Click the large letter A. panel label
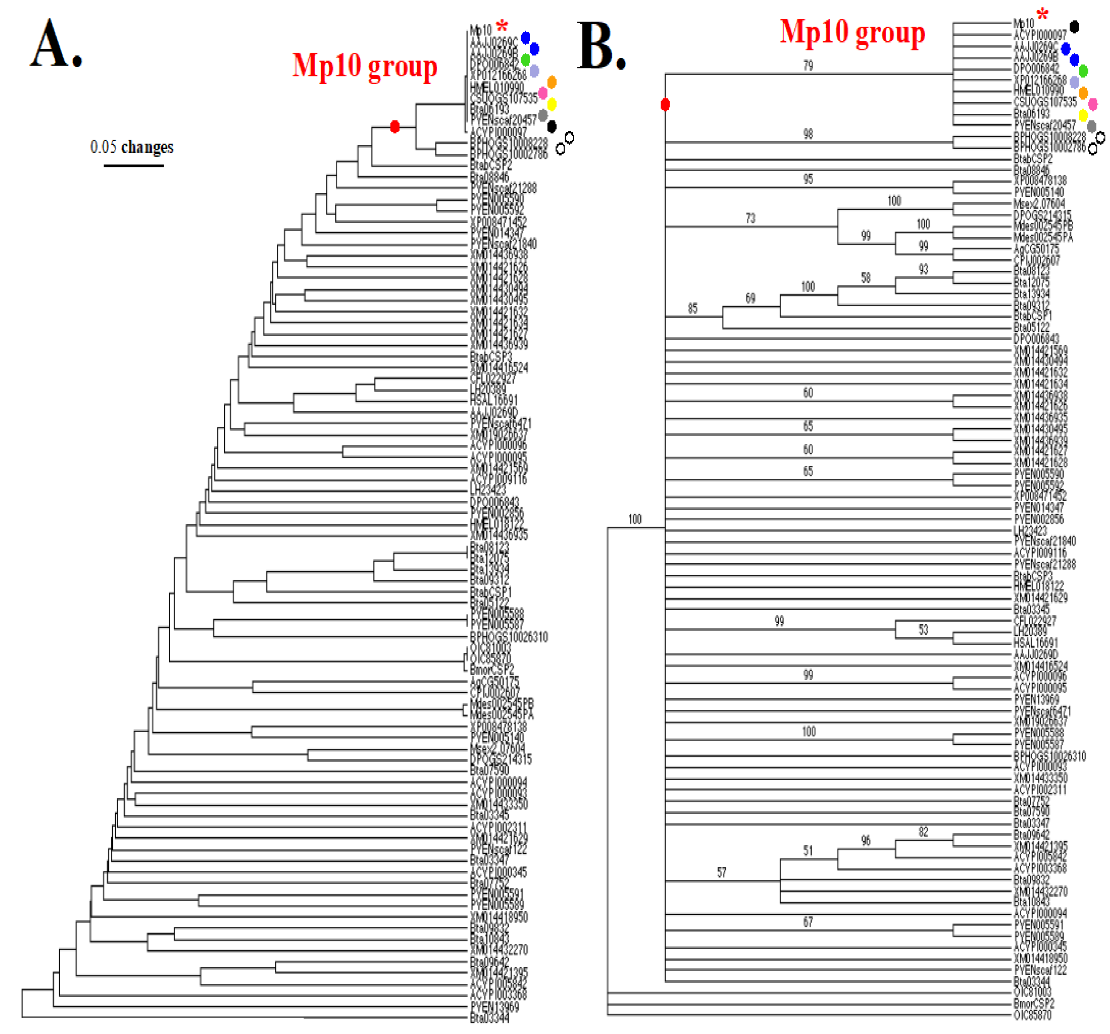pyautogui.click(x=56, y=44)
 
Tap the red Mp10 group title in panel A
pyautogui.click(x=365, y=66)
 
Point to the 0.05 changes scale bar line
pyautogui.click(x=134, y=165)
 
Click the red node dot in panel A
pyautogui.click(x=395, y=127)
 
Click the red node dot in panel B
pyautogui.click(x=665, y=104)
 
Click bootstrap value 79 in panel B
pyautogui.click(x=808, y=66)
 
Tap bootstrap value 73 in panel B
pyautogui.click(x=750, y=218)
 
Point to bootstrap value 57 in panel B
pyautogui.click(x=721, y=872)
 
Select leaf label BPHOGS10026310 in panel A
pyautogui.click(x=509, y=637)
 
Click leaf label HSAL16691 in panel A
pyautogui.click(x=494, y=400)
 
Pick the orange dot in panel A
pyautogui.click(x=551, y=82)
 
